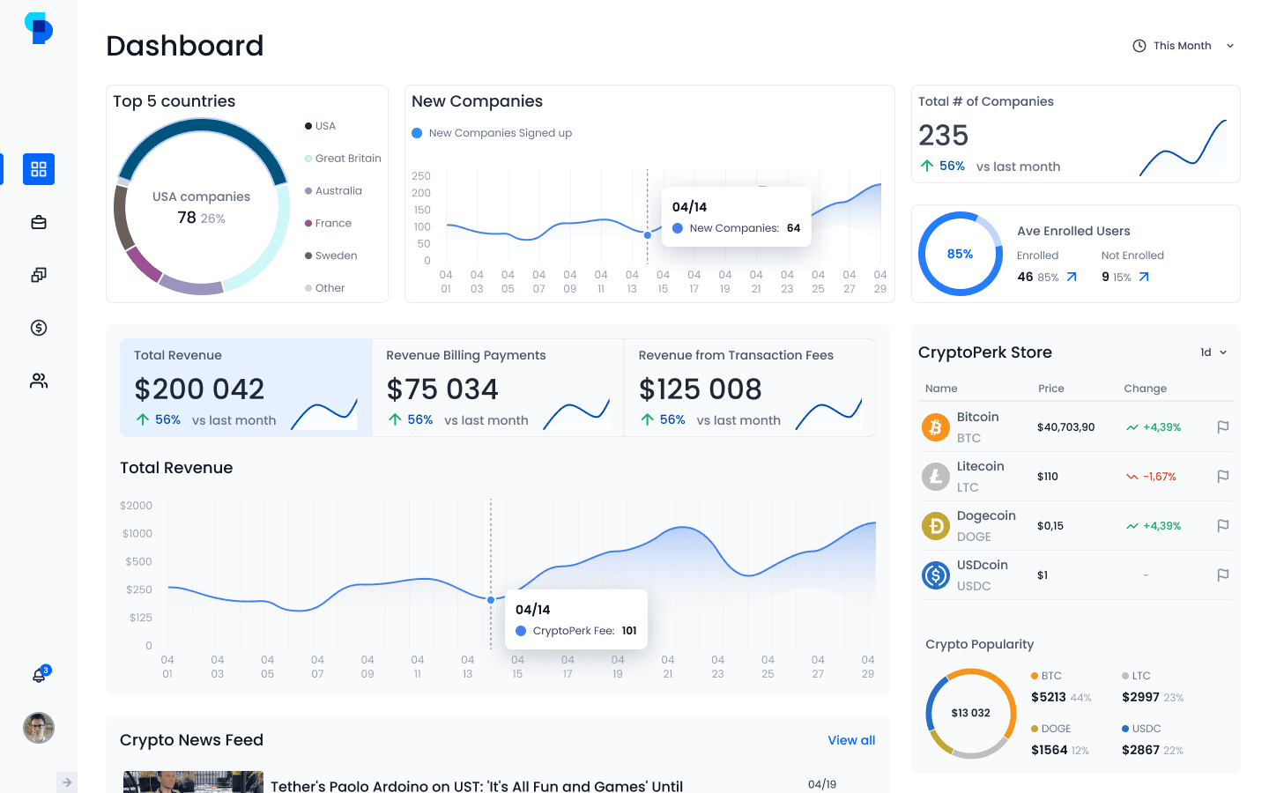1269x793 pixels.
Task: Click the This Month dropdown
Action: click(x=1183, y=46)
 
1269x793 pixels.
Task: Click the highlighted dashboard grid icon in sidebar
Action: click(x=39, y=169)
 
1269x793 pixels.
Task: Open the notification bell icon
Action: click(x=39, y=675)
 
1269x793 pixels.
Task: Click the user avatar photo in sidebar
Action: click(x=39, y=728)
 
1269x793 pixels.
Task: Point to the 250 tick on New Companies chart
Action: click(x=421, y=176)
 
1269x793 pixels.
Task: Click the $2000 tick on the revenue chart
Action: click(x=136, y=505)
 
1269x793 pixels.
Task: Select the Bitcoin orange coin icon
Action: click(x=935, y=427)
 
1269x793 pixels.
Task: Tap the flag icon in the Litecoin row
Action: click(x=1222, y=477)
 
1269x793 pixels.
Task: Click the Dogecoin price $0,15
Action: click(x=1050, y=526)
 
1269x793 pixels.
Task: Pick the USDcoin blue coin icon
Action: click(x=935, y=575)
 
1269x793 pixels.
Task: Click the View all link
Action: click(x=851, y=740)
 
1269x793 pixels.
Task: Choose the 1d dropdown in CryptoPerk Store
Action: click(x=1213, y=352)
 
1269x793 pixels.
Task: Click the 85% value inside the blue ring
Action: click(x=960, y=254)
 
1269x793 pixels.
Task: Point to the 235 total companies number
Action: click(x=943, y=136)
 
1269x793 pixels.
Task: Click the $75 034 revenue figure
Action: click(x=442, y=389)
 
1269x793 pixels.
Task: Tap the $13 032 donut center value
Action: click(x=970, y=713)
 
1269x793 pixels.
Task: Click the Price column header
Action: click(x=1050, y=389)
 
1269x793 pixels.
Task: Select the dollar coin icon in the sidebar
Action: click(x=39, y=328)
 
